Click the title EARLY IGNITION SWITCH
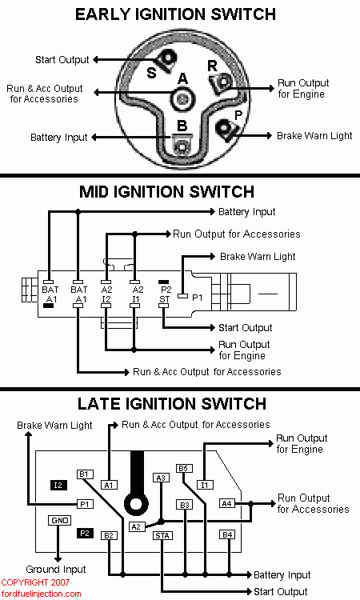pos(175,14)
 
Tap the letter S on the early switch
pos(151,73)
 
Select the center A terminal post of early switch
pos(183,99)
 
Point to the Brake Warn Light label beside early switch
pos(314,136)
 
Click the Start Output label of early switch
pos(62,60)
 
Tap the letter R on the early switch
pos(212,66)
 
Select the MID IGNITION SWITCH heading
pos(167,192)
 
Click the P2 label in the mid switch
pos(166,290)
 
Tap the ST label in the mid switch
pos(164,299)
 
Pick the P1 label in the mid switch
pos(198,298)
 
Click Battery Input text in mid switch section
pos(246,212)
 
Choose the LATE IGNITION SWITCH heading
pos(172,404)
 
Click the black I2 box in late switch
pos(58,486)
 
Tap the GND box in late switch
pos(60,521)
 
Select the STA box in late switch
pos(162,536)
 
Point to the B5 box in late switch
pos(183,468)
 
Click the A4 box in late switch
pos(227,503)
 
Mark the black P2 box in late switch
pos(85,533)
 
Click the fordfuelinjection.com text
pos(41,594)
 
